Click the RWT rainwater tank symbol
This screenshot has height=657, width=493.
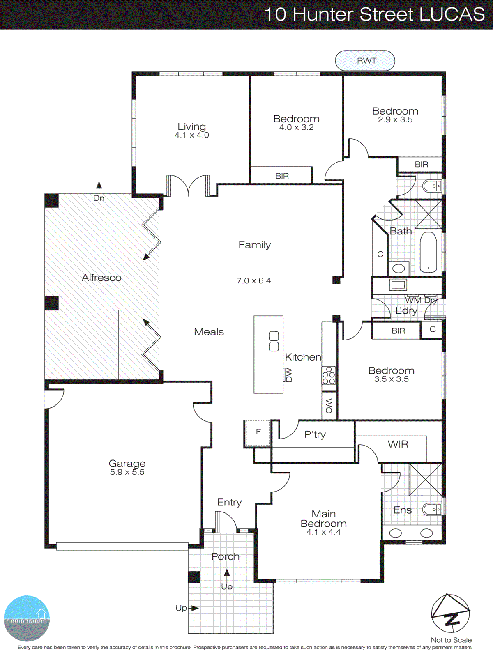point(365,61)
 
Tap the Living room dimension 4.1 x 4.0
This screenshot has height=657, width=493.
point(192,135)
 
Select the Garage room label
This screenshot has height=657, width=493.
point(127,463)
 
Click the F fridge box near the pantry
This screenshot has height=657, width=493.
point(258,432)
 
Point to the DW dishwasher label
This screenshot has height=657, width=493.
point(289,375)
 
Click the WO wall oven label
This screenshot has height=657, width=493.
point(329,406)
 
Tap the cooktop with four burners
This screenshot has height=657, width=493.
point(329,375)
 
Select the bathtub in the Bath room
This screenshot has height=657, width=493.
point(428,252)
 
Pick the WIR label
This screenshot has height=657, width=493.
point(398,444)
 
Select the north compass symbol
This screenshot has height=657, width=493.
point(451,613)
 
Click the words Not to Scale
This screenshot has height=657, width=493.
point(451,640)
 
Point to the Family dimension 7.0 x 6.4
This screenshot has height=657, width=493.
point(253,281)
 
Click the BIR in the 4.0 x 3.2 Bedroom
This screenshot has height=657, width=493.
point(282,176)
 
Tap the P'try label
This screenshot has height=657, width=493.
point(315,434)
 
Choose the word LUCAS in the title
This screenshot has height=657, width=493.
point(452,14)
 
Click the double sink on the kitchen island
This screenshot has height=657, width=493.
point(274,342)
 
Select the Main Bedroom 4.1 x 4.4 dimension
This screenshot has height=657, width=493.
point(323,532)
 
